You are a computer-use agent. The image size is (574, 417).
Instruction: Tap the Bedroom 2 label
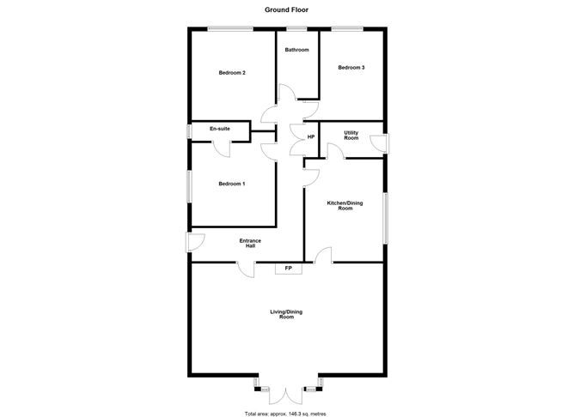232,73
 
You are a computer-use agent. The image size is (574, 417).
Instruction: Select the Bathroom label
296,51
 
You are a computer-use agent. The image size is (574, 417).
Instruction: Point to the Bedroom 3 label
351,67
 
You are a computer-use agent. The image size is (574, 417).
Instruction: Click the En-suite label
219,129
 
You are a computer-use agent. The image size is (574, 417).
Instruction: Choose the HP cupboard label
311,137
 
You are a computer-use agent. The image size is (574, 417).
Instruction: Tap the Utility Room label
351,136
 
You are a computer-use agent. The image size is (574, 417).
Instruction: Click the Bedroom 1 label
231,184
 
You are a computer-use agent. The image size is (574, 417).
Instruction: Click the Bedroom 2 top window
229,31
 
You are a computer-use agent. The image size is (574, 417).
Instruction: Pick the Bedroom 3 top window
347,31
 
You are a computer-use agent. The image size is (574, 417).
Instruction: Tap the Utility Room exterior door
385,144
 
